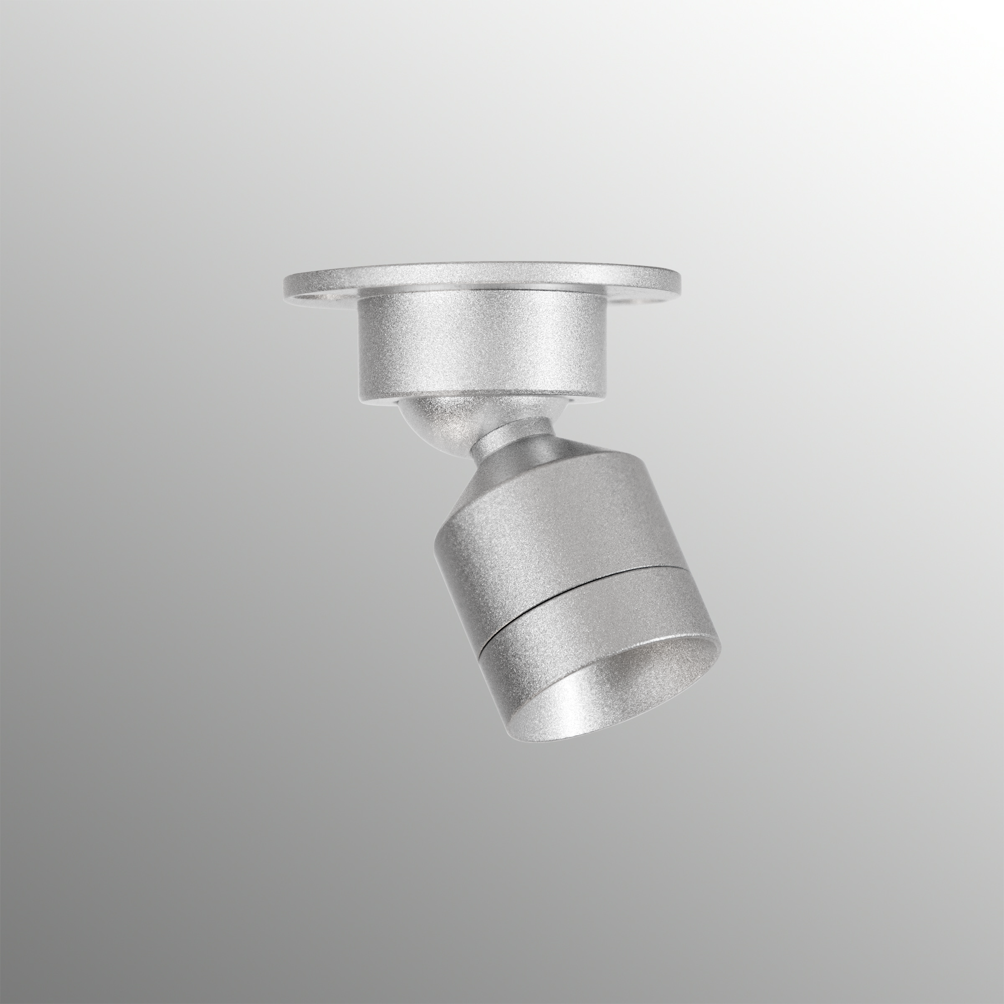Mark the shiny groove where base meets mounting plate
[481, 290]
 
